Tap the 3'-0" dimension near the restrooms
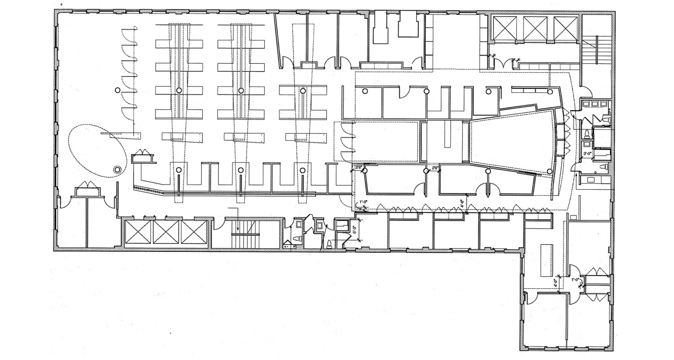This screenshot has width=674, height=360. [x=588, y=153]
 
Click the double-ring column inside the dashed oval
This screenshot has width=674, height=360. [x=117, y=170]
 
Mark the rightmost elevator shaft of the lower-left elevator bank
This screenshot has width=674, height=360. [x=194, y=234]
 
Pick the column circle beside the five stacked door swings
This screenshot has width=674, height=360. [x=117, y=90]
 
